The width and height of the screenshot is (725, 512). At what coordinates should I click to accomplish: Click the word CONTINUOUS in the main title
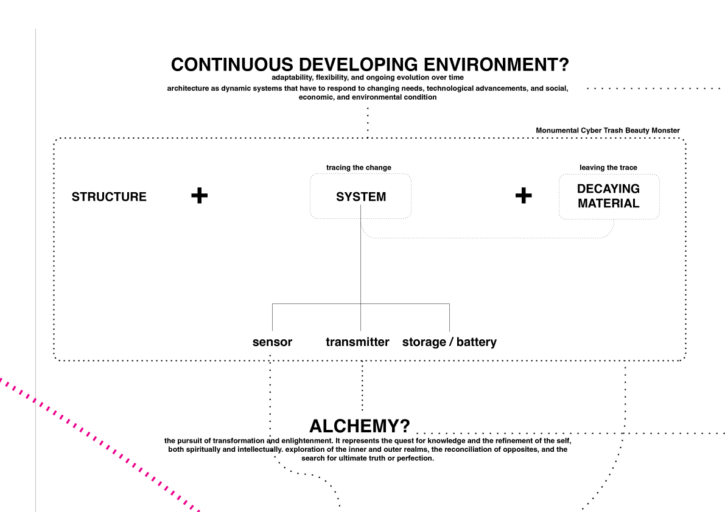232,64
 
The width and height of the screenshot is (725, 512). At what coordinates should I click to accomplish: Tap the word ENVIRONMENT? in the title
496,64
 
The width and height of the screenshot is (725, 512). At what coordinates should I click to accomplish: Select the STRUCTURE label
109,196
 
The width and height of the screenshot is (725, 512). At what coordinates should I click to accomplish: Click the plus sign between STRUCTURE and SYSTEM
199,195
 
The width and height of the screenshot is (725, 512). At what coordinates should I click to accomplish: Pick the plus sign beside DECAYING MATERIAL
524,195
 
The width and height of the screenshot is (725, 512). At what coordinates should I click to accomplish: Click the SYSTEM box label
360,196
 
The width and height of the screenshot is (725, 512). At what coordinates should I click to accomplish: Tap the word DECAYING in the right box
609,189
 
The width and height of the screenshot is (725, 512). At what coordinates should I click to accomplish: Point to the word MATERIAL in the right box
609,204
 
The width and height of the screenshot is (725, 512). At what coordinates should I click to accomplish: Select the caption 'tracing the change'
359,168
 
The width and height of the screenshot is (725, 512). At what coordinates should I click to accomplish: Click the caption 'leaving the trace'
609,168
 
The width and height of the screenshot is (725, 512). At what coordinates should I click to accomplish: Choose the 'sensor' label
272,342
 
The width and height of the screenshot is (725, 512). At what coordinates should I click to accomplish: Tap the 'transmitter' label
357,342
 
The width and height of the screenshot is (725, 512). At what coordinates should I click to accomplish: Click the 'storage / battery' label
449,342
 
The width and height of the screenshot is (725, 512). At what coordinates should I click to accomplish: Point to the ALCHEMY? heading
360,426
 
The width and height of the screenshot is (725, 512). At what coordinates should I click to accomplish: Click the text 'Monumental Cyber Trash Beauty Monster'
608,131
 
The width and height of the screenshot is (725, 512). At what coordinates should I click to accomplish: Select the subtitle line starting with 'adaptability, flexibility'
368,78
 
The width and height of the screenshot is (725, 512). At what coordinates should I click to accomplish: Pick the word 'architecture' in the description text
188,89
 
